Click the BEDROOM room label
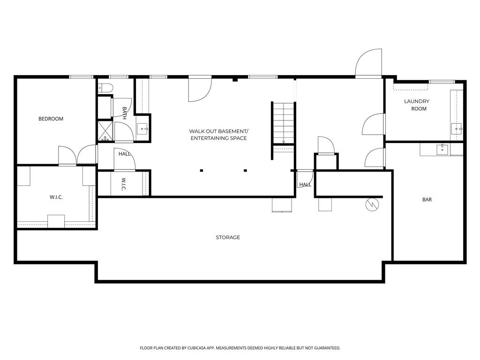(x=51, y=119)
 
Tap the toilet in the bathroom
(x=105, y=87)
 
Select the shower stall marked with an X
(x=105, y=131)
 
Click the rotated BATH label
(x=124, y=113)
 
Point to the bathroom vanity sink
(x=143, y=128)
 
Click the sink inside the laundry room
(x=457, y=128)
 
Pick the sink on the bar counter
(x=442, y=150)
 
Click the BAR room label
(x=427, y=200)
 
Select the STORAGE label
(x=228, y=238)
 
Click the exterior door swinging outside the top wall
(x=368, y=63)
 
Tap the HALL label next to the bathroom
(x=124, y=154)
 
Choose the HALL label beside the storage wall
(x=305, y=185)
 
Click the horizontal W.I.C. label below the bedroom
(x=56, y=197)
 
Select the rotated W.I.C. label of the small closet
(x=123, y=184)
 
